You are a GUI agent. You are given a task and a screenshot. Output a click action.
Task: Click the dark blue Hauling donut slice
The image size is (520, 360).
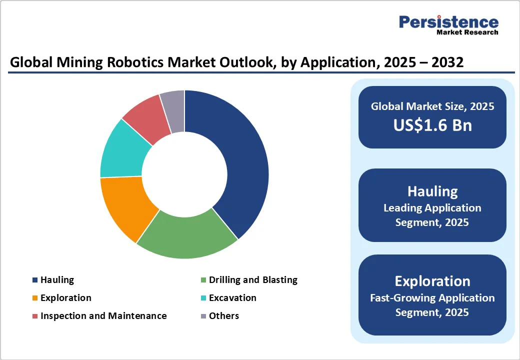[x=235, y=160]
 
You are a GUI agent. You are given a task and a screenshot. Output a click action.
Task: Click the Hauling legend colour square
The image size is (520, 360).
[x=34, y=280]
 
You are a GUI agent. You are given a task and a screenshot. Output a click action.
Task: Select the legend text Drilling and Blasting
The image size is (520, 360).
[x=253, y=280]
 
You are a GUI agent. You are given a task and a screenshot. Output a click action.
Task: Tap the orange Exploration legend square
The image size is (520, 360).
[x=34, y=298]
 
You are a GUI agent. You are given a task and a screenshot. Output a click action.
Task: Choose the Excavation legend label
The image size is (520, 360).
[x=232, y=298]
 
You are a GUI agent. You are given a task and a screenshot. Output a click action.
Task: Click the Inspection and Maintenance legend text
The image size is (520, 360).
[x=103, y=316]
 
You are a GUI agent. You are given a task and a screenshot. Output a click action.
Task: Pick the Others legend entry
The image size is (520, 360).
[x=224, y=316]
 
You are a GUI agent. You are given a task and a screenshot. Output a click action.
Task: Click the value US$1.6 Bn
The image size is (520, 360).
[x=432, y=125]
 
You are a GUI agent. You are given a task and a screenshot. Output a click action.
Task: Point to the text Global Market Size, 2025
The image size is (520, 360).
[x=432, y=106]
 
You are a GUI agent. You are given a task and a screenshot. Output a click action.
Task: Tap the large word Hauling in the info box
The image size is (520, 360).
[x=432, y=191]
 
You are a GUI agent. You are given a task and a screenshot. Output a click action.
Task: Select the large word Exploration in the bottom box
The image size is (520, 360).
[x=432, y=280]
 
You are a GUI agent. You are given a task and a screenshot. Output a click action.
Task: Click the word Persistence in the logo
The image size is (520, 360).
[x=448, y=22]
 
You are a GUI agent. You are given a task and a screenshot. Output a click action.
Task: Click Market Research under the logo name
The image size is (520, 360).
[x=467, y=32]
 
